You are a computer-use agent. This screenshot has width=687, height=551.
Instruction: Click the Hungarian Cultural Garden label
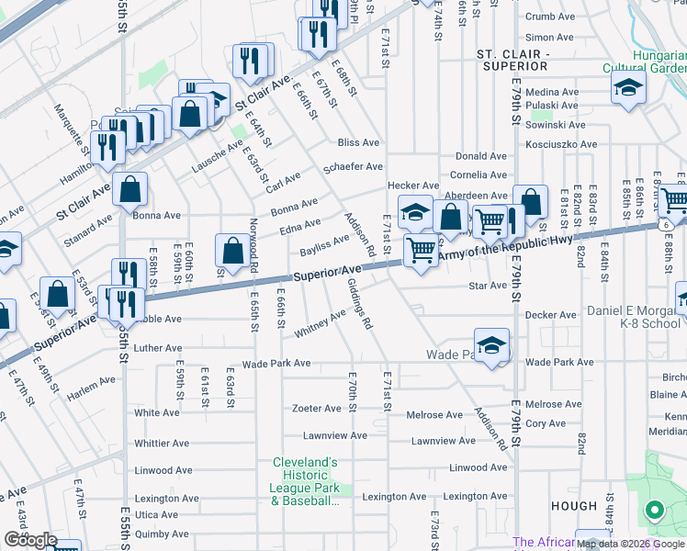pos(644,61)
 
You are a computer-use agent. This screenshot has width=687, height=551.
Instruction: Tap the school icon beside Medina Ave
pos(629,88)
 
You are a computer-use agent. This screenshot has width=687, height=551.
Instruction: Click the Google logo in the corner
pos(30,541)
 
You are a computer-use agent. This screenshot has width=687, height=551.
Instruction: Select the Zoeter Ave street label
pos(317,409)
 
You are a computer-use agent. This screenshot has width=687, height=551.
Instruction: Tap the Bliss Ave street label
pos(358,143)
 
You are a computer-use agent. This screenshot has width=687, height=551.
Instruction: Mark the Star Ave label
pos(489,286)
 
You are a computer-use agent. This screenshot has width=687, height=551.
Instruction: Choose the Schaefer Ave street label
pos(354,167)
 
